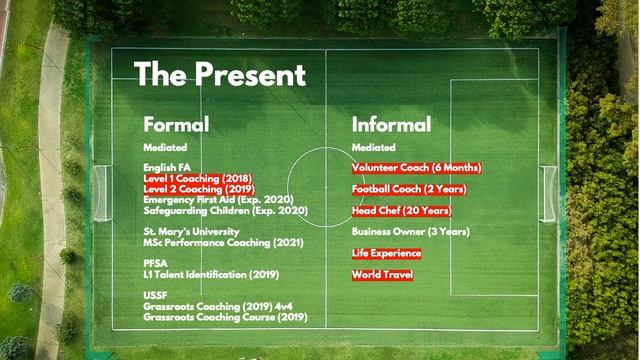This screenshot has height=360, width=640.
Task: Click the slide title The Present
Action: pyautogui.click(x=220, y=74)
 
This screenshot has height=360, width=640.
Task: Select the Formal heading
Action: pyautogui.click(x=176, y=125)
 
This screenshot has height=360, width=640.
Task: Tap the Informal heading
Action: pyautogui.click(x=391, y=125)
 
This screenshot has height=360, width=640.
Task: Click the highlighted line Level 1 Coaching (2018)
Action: pyautogui.click(x=198, y=177)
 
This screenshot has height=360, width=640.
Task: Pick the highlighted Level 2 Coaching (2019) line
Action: pyautogui.click(x=198, y=188)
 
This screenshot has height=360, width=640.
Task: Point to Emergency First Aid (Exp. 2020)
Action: pyautogui.click(x=211, y=199)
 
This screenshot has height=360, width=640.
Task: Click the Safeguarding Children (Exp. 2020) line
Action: pyautogui.click(x=225, y=210)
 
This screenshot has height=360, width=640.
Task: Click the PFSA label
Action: pyautogui.click(x=156, y=263)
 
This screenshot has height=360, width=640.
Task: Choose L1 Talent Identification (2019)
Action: pyautogui.click(x=210, y=274)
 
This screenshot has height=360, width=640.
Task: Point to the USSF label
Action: pyautogui.click(x=156, y=295)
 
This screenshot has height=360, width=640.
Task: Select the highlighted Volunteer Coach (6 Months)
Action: pyautogui.click(x=416, y=168)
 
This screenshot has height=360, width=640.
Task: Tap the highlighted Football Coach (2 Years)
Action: pyautogui.click(x=410, y=189)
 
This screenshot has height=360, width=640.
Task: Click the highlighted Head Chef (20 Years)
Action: pyautogui.click(x=401, y=211)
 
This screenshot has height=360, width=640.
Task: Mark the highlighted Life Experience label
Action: pyautogui.click(x=386, y=253)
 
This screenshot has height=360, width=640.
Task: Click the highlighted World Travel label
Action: pyautogui.click(x=382, y=274)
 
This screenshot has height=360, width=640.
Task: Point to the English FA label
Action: pyautogui.click(x=166, y=167)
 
